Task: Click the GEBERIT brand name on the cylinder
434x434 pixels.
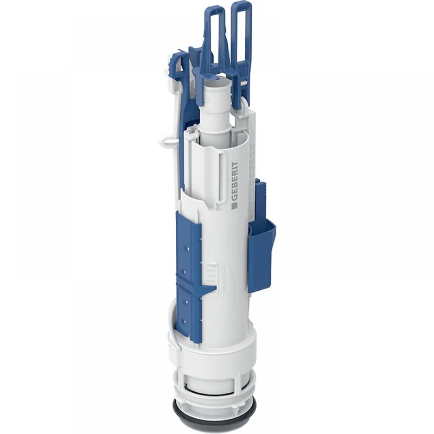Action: pos(234,181)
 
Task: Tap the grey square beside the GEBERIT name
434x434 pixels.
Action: pos(234,206)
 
